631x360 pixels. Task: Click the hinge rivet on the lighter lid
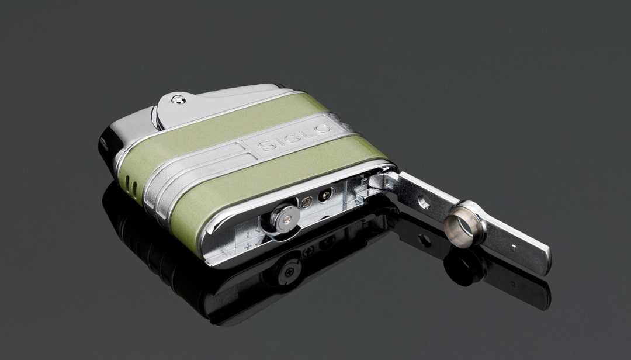coord(179,100)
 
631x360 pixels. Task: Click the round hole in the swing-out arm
coord(424,202)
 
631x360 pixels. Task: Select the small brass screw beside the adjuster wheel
coord(306,202)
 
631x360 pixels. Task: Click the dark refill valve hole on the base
coord(325,195)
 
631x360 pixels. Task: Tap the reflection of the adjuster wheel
coord(287,270)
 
